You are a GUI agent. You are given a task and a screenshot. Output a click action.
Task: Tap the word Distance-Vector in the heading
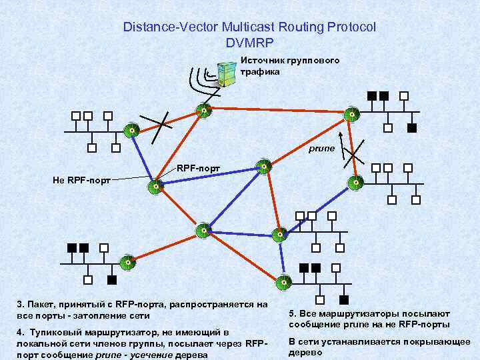164,27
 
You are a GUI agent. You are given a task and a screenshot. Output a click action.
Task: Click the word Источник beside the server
263,61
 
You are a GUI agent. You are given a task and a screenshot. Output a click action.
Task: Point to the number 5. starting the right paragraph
293,313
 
